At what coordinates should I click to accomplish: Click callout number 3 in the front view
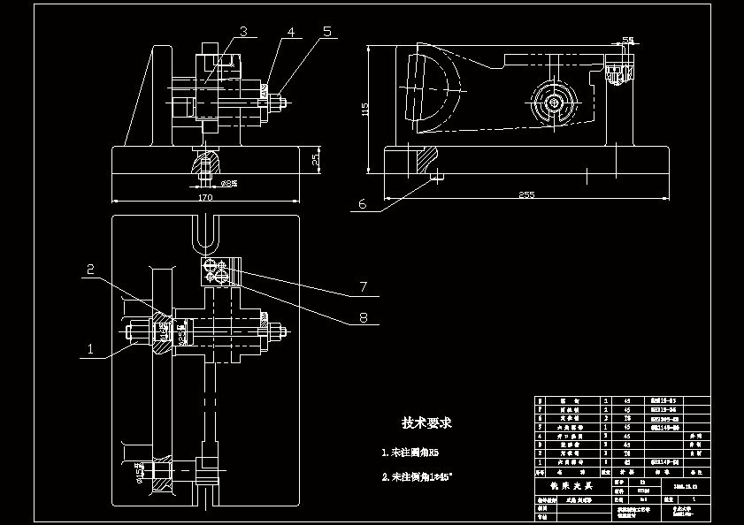(x=242, y=32)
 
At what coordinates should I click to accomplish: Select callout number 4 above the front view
(x=289, y=32)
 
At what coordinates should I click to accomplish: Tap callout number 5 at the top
(x=326, y=31)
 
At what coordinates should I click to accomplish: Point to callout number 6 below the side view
(x=361, y=203)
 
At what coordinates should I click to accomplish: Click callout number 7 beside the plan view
(x=362, y=286)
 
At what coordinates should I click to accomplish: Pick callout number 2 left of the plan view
(x=89, y=269)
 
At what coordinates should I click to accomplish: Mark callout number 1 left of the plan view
(x=89, y=349)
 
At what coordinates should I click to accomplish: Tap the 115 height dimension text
(x=364, y=109)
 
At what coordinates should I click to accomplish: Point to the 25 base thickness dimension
(x=316, y=160)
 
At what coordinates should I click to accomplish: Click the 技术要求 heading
(x=426, y=423)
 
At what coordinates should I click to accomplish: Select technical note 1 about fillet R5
(x=410, y=453)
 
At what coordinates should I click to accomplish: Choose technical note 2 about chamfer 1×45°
(x=416, y=476)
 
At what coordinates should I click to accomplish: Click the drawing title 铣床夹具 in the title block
(x=565, y=486)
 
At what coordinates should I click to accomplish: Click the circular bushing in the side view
(x=554, y=103)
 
